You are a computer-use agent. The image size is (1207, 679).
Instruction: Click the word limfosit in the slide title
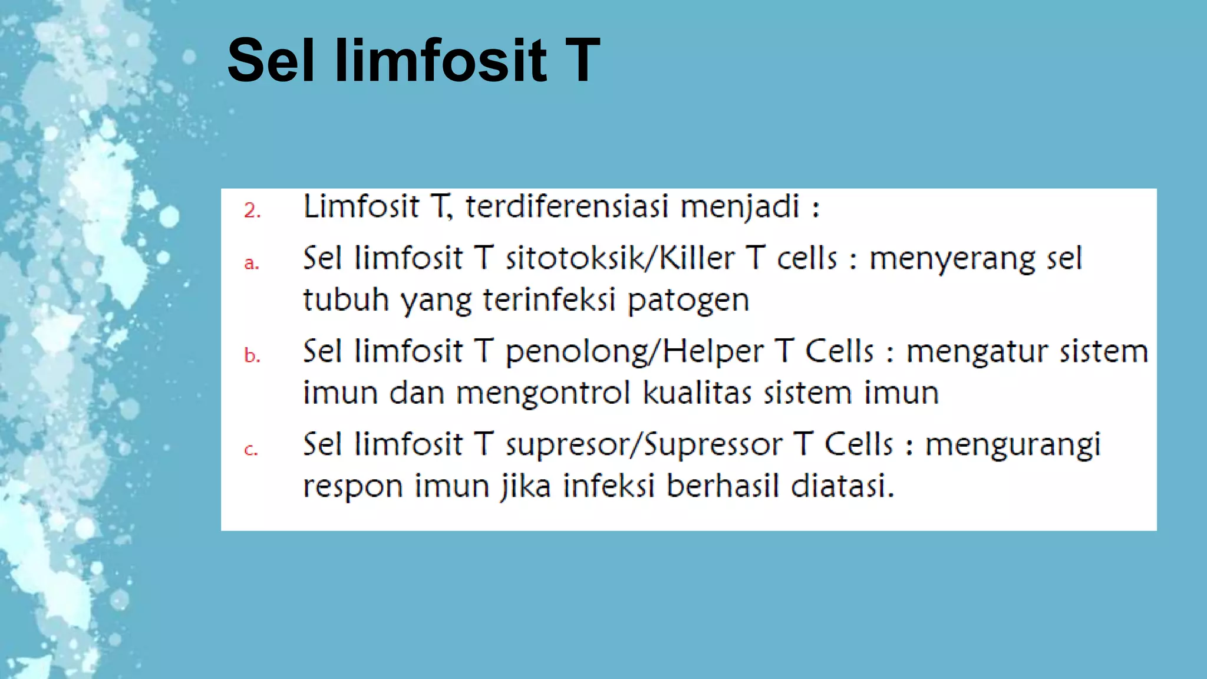pyautogui.click(x=440, y=61)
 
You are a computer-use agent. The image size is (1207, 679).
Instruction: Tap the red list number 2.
pyautogui.click(x=252, y=210)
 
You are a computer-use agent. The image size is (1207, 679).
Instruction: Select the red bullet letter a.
pyautogui.click(x=252, y=263)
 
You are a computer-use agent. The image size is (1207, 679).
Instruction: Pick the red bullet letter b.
pyautogui.click(x=252, y=355)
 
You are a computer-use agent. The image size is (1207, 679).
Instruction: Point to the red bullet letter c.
pyautogui.click(x=251, y=450)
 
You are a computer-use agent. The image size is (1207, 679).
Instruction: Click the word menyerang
pyautogui.click(x=952, y=260)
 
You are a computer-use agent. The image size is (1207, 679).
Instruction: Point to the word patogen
pyautogui.click(x=688, y=301)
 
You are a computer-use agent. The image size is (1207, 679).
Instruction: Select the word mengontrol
pyautogui.click(x=543, y=394)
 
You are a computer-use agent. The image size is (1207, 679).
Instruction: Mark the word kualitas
pyautogui.click(x=697, y=393)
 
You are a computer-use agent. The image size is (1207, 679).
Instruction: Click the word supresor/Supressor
pyautogui.click(x=644, y=445)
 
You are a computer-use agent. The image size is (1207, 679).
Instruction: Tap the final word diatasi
pyautogui.click(x=842, y=486)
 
